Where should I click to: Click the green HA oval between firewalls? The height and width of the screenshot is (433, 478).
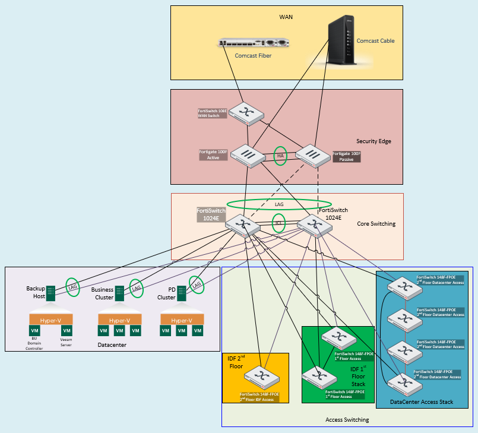click(281, 156)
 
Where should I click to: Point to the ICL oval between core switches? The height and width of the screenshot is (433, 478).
click(279, 225)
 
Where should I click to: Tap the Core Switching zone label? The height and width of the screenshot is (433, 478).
click(376, 224)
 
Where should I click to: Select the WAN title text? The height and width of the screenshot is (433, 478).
click(286, 17)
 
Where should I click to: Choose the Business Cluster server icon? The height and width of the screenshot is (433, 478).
click(119, 292)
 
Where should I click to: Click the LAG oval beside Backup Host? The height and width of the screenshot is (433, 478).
click(72, 286)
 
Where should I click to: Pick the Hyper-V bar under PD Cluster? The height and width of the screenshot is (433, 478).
click(181, 320)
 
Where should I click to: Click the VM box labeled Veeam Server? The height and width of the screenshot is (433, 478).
click(67, 330)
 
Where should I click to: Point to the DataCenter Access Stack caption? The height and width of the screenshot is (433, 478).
click(422, 402)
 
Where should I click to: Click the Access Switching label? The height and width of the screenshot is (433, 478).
click(347, 420)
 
